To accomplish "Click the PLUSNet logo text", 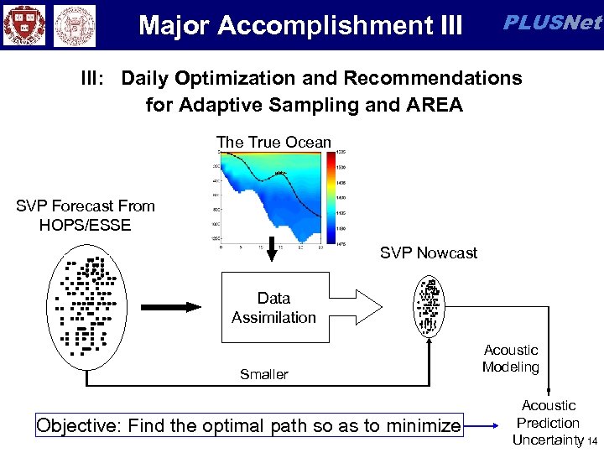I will pyautogui.click(x=550, y=23).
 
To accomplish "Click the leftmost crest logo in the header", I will pyautogui.click(x=23, y=24).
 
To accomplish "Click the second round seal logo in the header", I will pyautogui.click(x=75, y=24).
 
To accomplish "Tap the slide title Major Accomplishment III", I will pyautogui.click(x=300, y=25).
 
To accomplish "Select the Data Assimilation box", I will pyautogui.click(x=273, y=308).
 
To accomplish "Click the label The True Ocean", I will pyautogui.click(x=273, y=142).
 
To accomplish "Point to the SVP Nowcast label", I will pyautogui.click(x=429, y=253).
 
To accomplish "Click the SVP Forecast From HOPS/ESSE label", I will pyautogui.click(x=85, y=215).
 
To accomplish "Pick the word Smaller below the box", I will pyautogui.click(x=263, y=374).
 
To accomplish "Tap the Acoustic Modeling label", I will pyautogui.click(x=510, y=358).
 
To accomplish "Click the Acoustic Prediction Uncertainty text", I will pyautogui.click(x=548, y=423).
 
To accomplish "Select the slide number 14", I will pyautogui.click(x=592, y=441).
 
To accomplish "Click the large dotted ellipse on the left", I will pyautogui.click(x=86, y=305).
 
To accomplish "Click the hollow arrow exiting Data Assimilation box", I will pyautogui.click(x=362, y=297).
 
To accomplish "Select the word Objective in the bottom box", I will pyautogui.click(x=77, y=426).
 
